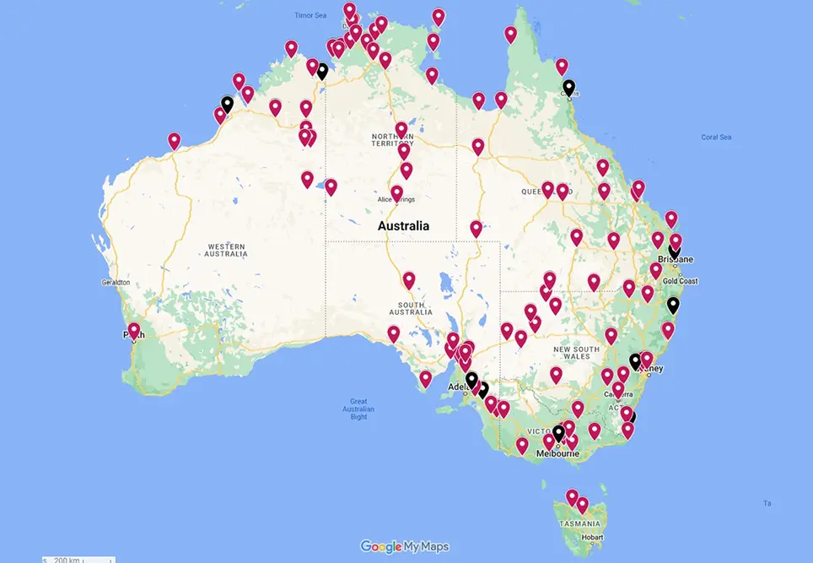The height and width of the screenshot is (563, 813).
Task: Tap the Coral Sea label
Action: (x=715, y=137)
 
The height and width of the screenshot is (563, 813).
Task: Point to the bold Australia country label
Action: (x=403, y=226)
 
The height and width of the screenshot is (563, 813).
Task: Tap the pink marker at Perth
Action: (x=134, y=330)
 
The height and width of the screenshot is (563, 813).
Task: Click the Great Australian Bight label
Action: (x=358, y=409)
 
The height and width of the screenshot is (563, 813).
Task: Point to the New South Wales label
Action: (x=576, y=353)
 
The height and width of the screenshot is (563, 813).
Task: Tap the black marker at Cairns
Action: (x=569, y=88)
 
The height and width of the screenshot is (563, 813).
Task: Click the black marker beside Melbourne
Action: (x=558, y=433)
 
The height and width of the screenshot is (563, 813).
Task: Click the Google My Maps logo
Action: (x=404, y=546)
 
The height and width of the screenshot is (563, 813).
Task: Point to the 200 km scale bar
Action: (x=78, y=559)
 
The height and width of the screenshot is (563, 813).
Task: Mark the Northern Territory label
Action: (x=393, y=139)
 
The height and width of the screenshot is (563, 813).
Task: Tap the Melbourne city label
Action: (x=557, y=453)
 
